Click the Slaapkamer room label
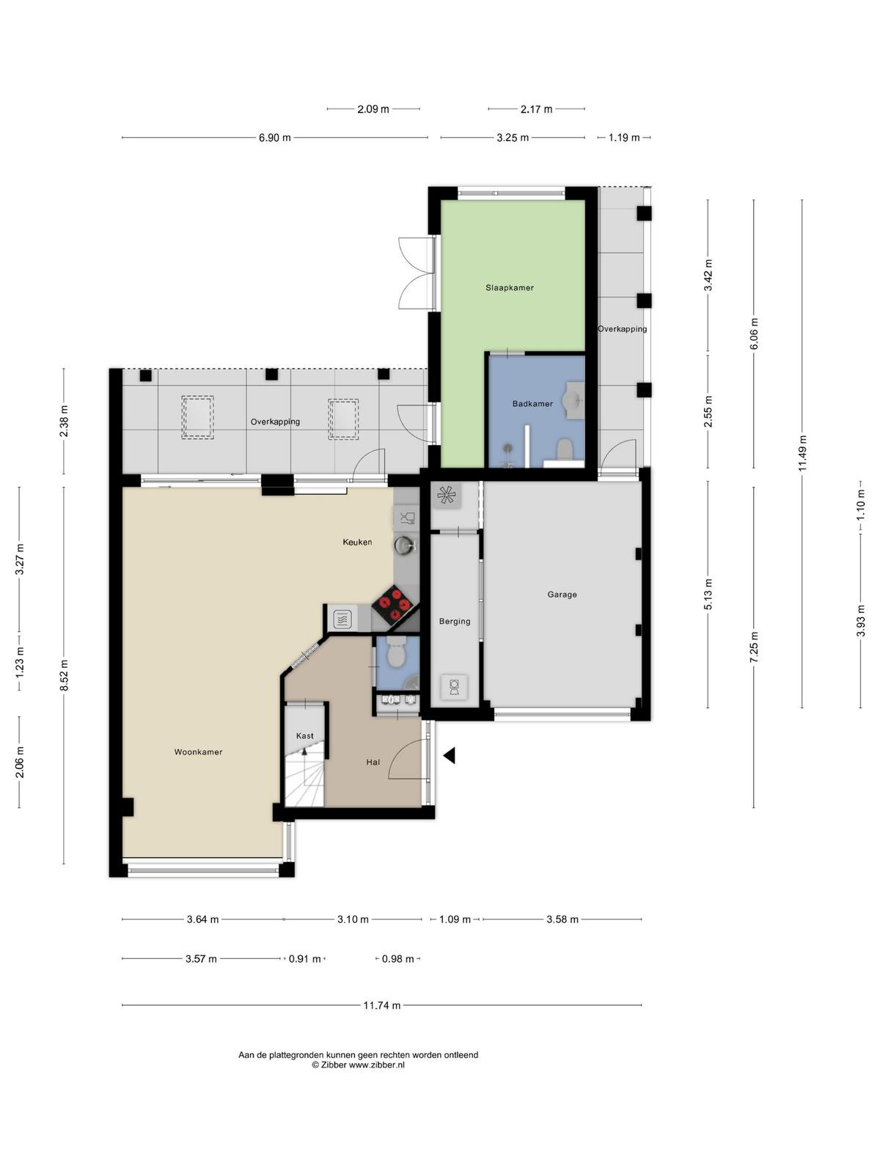(509, 287)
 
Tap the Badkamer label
(532, 403)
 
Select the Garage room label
(562, 595)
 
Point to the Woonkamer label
(198, 752)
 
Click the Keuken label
(357, 542)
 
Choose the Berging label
(454, 621)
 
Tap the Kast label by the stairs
(304, 736)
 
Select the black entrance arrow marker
(449, 755)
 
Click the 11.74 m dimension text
(381, 1005)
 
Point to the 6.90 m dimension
(274, 138)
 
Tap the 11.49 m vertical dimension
(802, 453)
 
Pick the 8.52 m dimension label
(64, 675)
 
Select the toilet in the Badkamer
(564, 449)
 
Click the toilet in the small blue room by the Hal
(396, 653)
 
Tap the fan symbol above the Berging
(446, 496)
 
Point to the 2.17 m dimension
(536, 109)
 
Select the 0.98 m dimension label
(397, 959)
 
